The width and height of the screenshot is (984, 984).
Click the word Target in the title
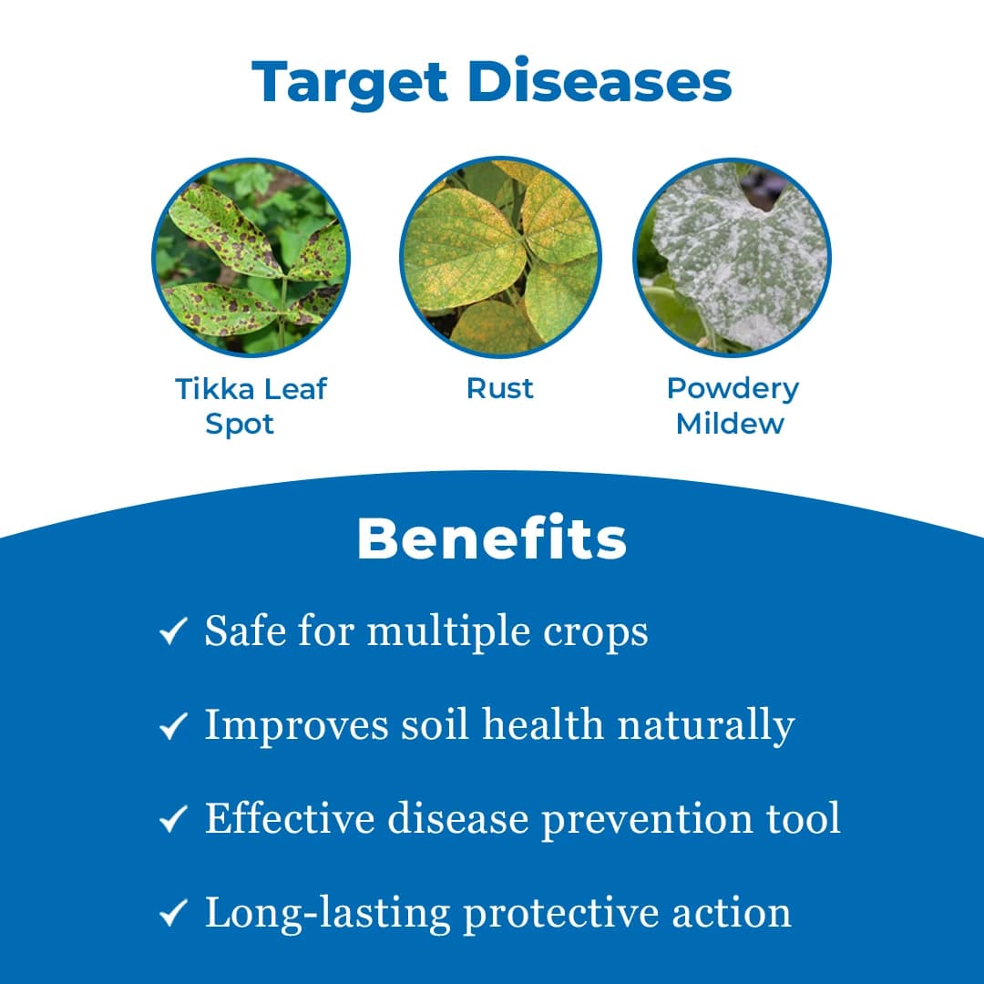pos(351,83)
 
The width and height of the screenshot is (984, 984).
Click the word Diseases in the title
pos(600,81)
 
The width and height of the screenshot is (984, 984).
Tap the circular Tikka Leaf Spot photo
pos(251,257)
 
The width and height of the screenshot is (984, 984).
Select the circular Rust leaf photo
pos(499,257)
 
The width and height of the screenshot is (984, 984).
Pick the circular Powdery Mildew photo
pos(732,257)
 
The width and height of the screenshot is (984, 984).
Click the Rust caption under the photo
pos(499,388)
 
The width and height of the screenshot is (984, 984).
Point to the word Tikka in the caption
pos(210,389)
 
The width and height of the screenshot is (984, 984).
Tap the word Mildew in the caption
pos(730,424)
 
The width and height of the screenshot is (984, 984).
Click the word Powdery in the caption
pos(733,390)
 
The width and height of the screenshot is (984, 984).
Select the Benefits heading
pos(491,539)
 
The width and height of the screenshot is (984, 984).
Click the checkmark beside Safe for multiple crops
pos(172,631)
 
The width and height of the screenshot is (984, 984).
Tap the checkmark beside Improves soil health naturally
pos(172,726)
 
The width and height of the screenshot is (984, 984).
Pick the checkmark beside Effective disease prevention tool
pos(172,819)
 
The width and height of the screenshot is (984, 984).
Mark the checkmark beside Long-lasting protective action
pos(172,914)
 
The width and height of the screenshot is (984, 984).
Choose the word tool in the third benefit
pos(802,818)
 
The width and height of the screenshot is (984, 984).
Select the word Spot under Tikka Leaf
pos(240,424)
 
